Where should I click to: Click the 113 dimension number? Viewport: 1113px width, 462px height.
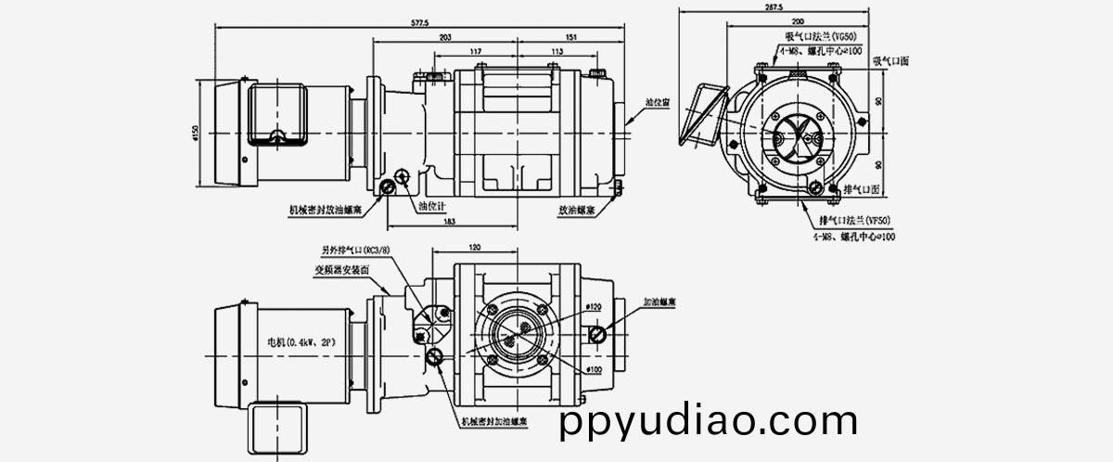pos(557,51)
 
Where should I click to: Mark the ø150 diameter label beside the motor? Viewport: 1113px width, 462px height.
pos(196,135)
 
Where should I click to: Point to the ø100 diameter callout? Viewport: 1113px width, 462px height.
pos(595,369)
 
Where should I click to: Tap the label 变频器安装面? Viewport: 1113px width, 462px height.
pos(342,269)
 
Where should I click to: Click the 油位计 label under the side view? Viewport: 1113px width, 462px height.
pos(434,206)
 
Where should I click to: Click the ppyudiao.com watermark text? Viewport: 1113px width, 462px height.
pos(710,422)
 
